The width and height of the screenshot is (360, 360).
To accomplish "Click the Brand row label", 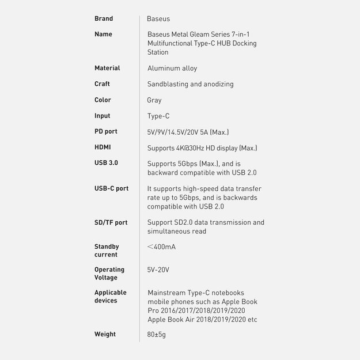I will coord(104,19).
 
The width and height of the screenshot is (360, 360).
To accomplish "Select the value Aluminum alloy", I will coord(172,69).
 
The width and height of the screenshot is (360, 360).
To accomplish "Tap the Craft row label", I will coord(102,84).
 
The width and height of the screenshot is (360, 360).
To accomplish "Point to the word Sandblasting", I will coord(168,85).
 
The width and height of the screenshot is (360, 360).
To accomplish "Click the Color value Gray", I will coord(154,100).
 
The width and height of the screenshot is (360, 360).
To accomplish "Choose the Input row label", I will coord(102,116).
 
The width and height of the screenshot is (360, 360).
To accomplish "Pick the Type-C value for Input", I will coord(158,116).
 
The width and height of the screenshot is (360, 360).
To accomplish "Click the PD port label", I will coord(106,132).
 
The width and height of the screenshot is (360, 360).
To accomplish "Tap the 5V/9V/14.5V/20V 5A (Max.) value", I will coord(188,132).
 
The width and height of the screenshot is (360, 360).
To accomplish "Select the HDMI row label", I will coord(103,147).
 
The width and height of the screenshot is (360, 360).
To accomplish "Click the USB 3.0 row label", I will coord(106,163).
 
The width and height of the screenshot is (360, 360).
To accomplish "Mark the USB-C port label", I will coord(112,188).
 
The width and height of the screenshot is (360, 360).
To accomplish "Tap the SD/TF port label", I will coord(111,222).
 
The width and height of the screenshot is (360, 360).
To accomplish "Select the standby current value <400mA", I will coord(161,247).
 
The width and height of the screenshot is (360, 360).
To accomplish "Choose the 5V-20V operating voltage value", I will coord(158,270).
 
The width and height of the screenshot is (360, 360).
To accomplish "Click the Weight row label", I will coord(105,334).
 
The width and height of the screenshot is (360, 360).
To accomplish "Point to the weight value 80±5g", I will coord(157,335).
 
